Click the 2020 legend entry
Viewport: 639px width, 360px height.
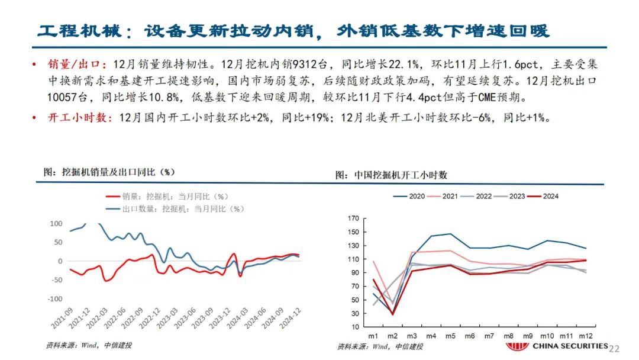coord(417,196)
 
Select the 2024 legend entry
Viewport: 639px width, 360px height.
coord(550,196)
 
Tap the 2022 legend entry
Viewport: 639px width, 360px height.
coord(483,196)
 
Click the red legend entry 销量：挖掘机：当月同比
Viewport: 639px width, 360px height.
coord(175,197)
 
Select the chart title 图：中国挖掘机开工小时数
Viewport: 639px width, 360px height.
coord(391,175)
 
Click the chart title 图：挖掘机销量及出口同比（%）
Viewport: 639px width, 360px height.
coord(110,172)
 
